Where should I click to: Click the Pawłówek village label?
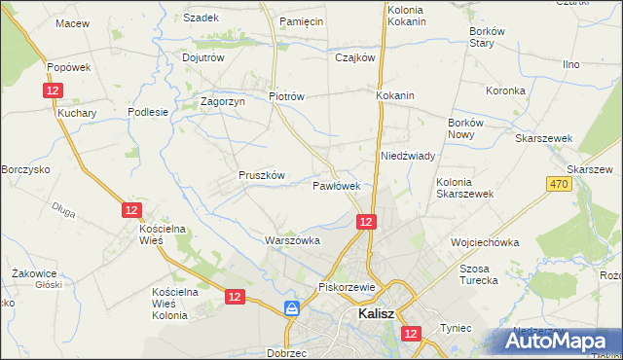(337, 185)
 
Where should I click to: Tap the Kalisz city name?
(375, 314)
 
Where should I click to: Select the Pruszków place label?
(261, 175)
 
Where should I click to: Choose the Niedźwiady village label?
(407, 156)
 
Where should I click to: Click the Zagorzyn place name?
(222, 100)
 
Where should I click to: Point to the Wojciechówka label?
(484, 242)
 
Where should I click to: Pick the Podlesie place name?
(148, 112)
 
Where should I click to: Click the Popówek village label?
(68, 67)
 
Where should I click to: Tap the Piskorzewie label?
(347, 287)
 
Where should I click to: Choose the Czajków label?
(354, 57)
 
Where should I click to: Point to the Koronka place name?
(505, 90)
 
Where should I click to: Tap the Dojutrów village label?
(203, 57)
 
